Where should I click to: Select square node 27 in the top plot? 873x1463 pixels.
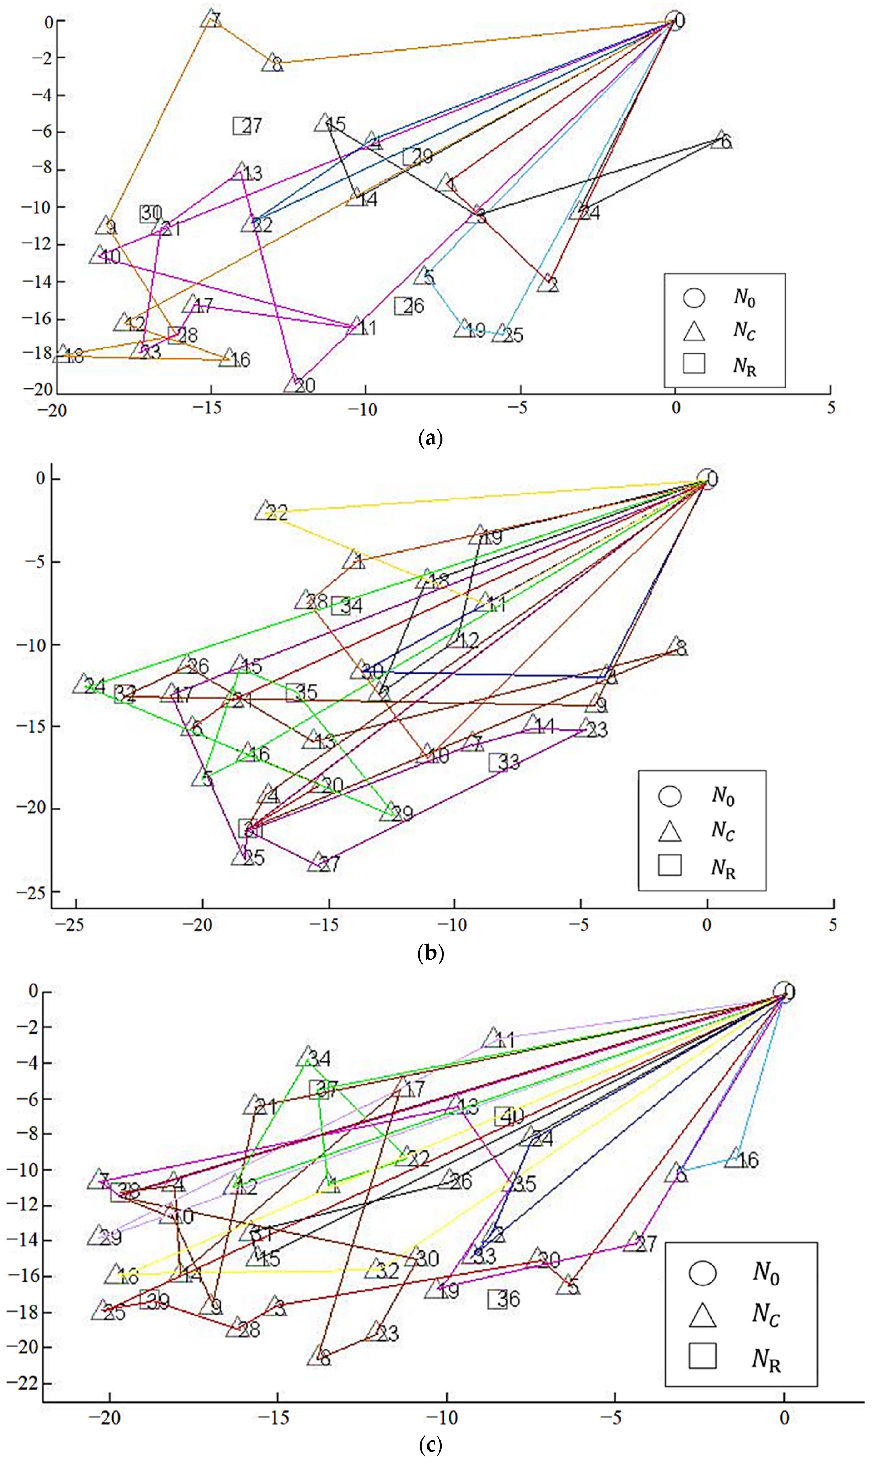(x=242, y=125)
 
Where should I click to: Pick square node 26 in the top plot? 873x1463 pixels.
(x=403, y=305)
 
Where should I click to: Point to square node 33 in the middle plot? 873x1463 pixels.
(x=498, y=762)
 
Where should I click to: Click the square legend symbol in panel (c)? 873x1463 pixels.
(x=702, y=1355)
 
